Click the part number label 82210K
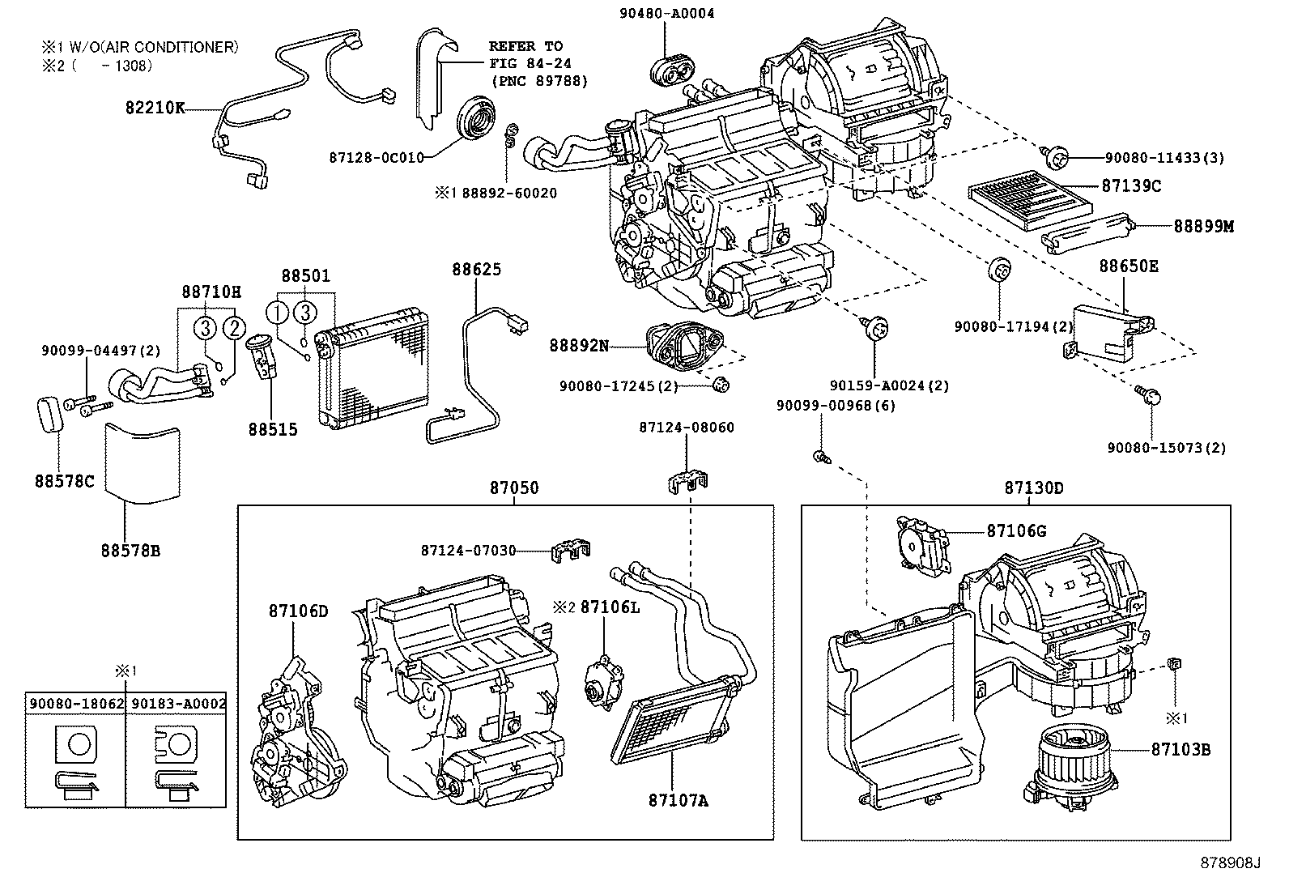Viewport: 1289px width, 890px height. point(155,107)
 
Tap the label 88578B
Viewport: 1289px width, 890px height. point(130,551)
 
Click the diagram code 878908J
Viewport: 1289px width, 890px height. point(1230,863)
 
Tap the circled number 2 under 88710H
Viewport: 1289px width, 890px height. point(233,329)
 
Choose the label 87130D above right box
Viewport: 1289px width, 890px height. point(1034,488)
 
